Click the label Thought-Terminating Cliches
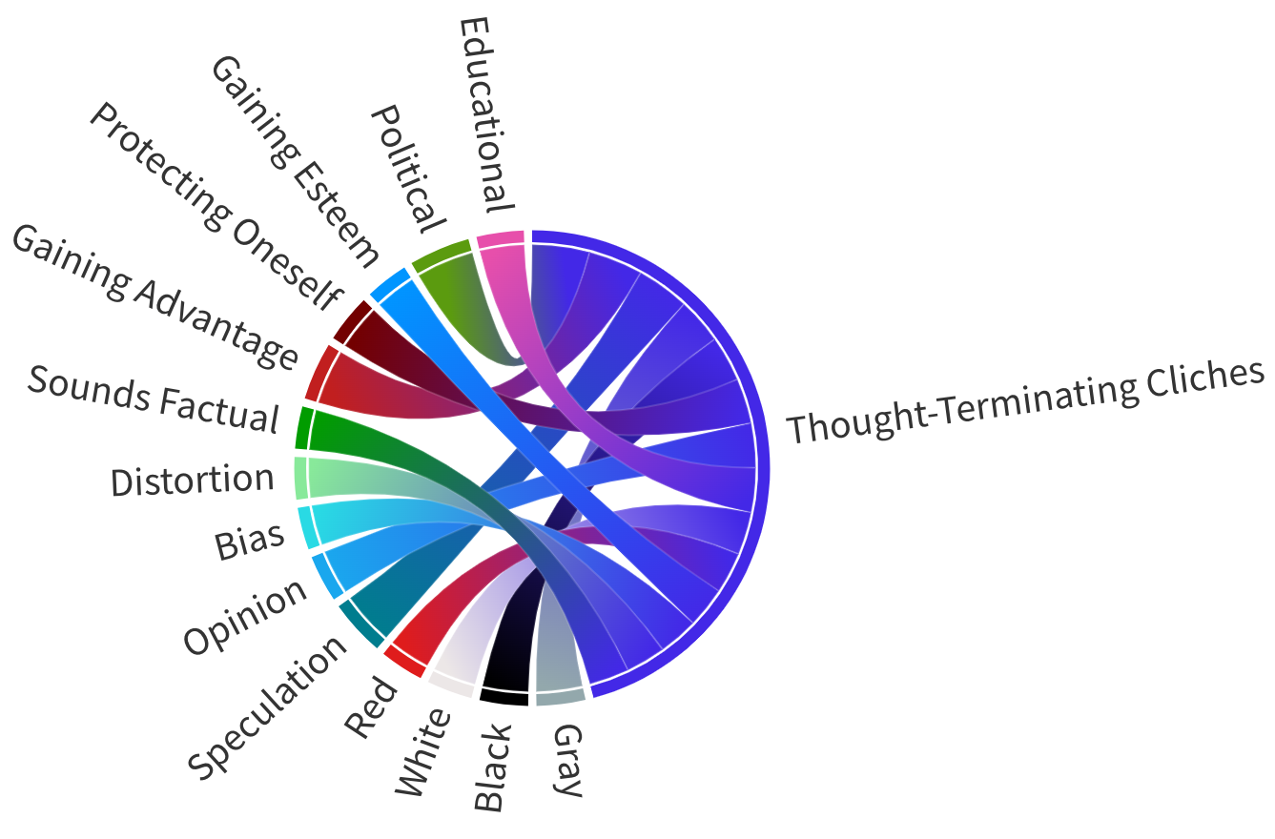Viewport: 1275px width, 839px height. tap(1025, 401)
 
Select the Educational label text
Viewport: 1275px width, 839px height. tap(486, 114)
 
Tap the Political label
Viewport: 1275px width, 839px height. tap(407, 169)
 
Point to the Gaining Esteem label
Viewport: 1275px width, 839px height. tap(295, 160)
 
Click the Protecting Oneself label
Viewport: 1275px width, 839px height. tap(215, 204)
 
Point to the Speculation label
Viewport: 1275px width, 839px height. tap(268, 706)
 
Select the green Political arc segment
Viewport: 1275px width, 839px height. tap(441, 253)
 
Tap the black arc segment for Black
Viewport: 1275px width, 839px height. tap(504, 696)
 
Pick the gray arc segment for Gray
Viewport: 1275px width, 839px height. tap(560, 696)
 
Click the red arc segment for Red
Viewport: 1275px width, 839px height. tap(403, 661)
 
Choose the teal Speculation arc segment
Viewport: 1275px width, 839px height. tap(360, 624)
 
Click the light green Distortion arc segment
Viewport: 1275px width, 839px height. tap(300, 479)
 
